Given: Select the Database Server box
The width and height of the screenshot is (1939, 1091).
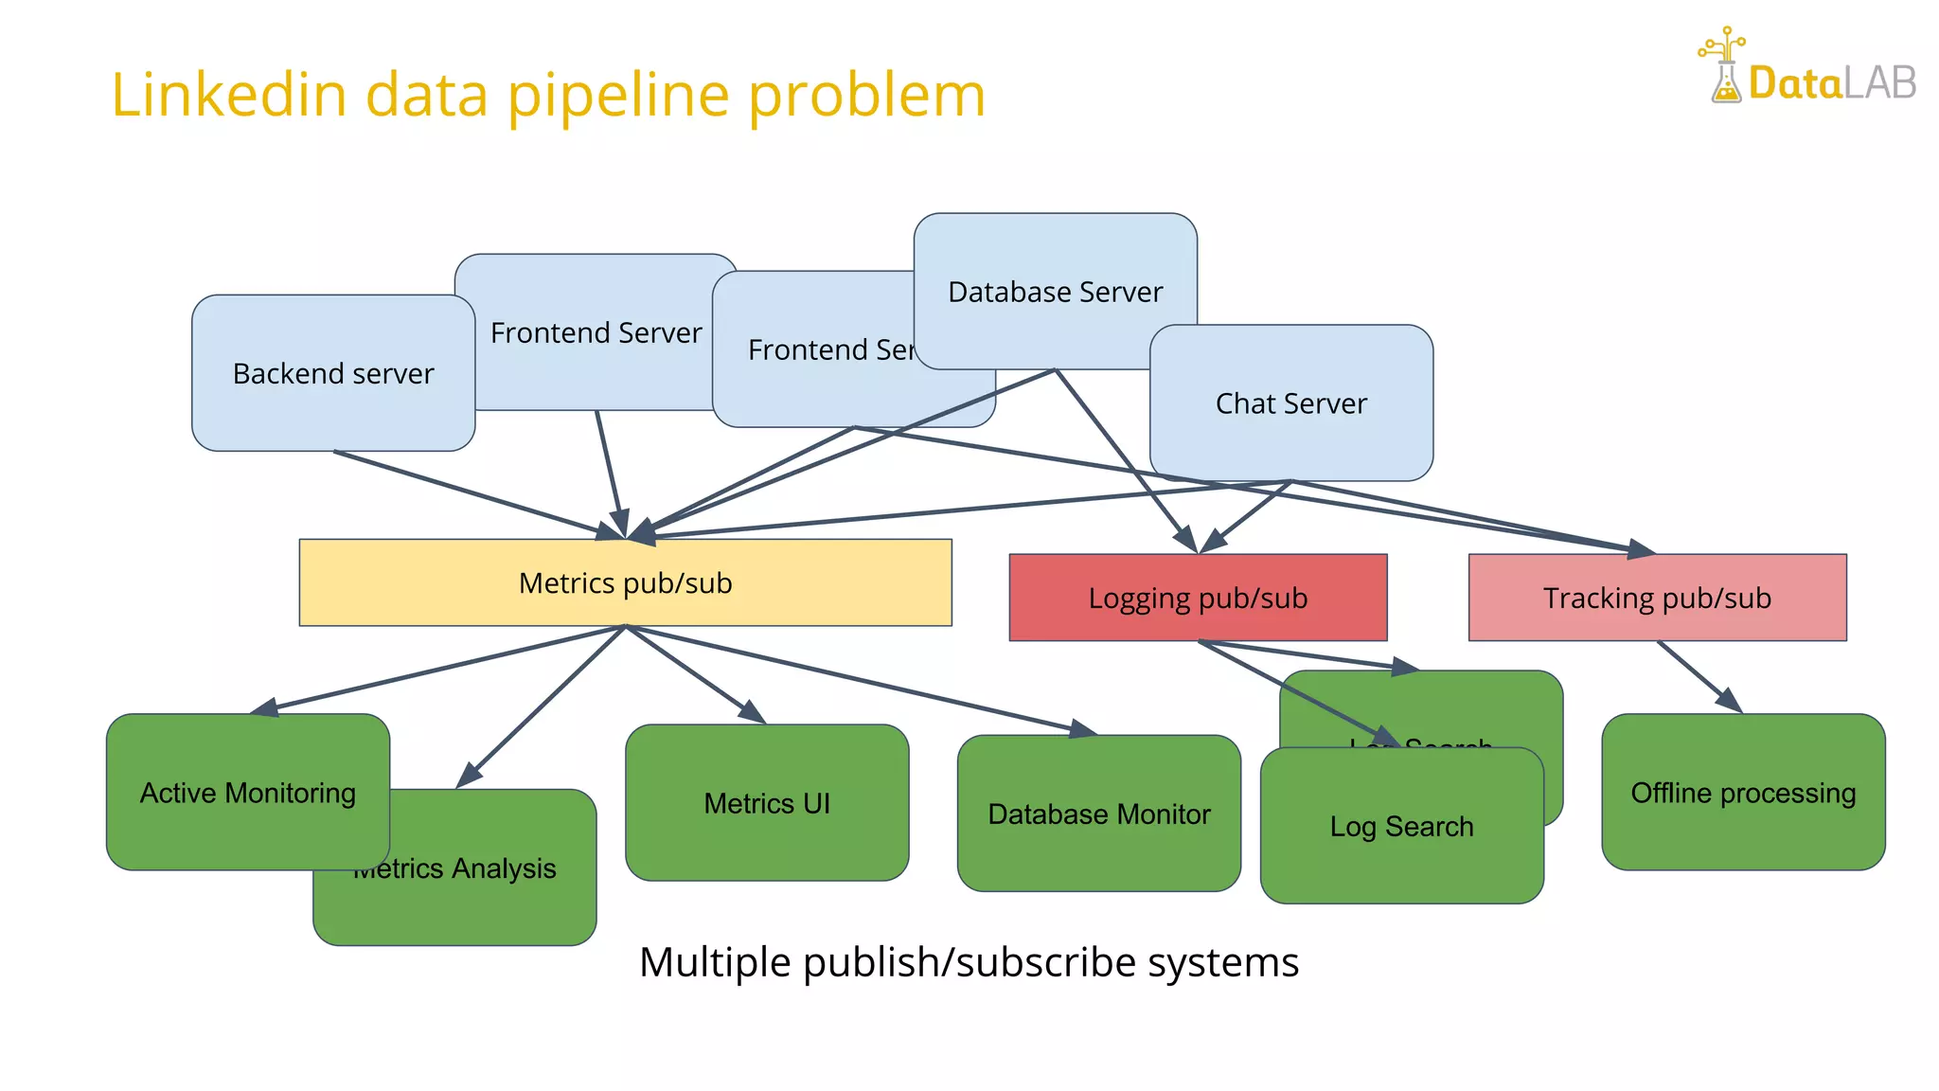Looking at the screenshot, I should click(1055, 275).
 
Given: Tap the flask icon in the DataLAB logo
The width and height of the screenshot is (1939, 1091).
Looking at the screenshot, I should click(1725, 80).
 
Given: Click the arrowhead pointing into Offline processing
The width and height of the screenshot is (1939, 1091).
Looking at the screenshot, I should click(1729, 701).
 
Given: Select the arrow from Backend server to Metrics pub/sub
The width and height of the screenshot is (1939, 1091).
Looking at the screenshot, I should click(473, 493).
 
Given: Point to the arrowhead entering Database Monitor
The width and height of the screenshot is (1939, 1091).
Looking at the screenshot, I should click(1082, 729).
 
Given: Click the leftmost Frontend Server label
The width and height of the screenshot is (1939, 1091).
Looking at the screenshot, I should click(596, 332).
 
